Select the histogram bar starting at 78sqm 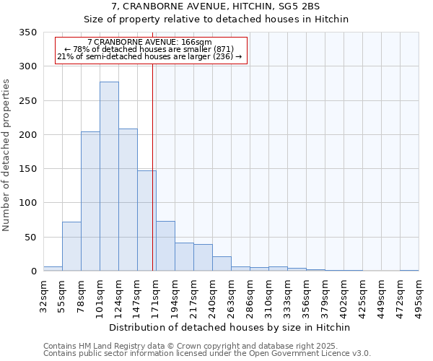tap(90, 201)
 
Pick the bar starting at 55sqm tap(71, 246)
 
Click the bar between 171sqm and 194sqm tap(165, 246)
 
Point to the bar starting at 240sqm tap(222, 264)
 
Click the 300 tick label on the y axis tap(27, 66)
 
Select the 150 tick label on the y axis tap(27, 169)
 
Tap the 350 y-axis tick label tap(27, 32)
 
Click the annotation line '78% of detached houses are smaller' tap(149, 49)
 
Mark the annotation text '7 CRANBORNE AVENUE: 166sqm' tap(149, 42)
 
